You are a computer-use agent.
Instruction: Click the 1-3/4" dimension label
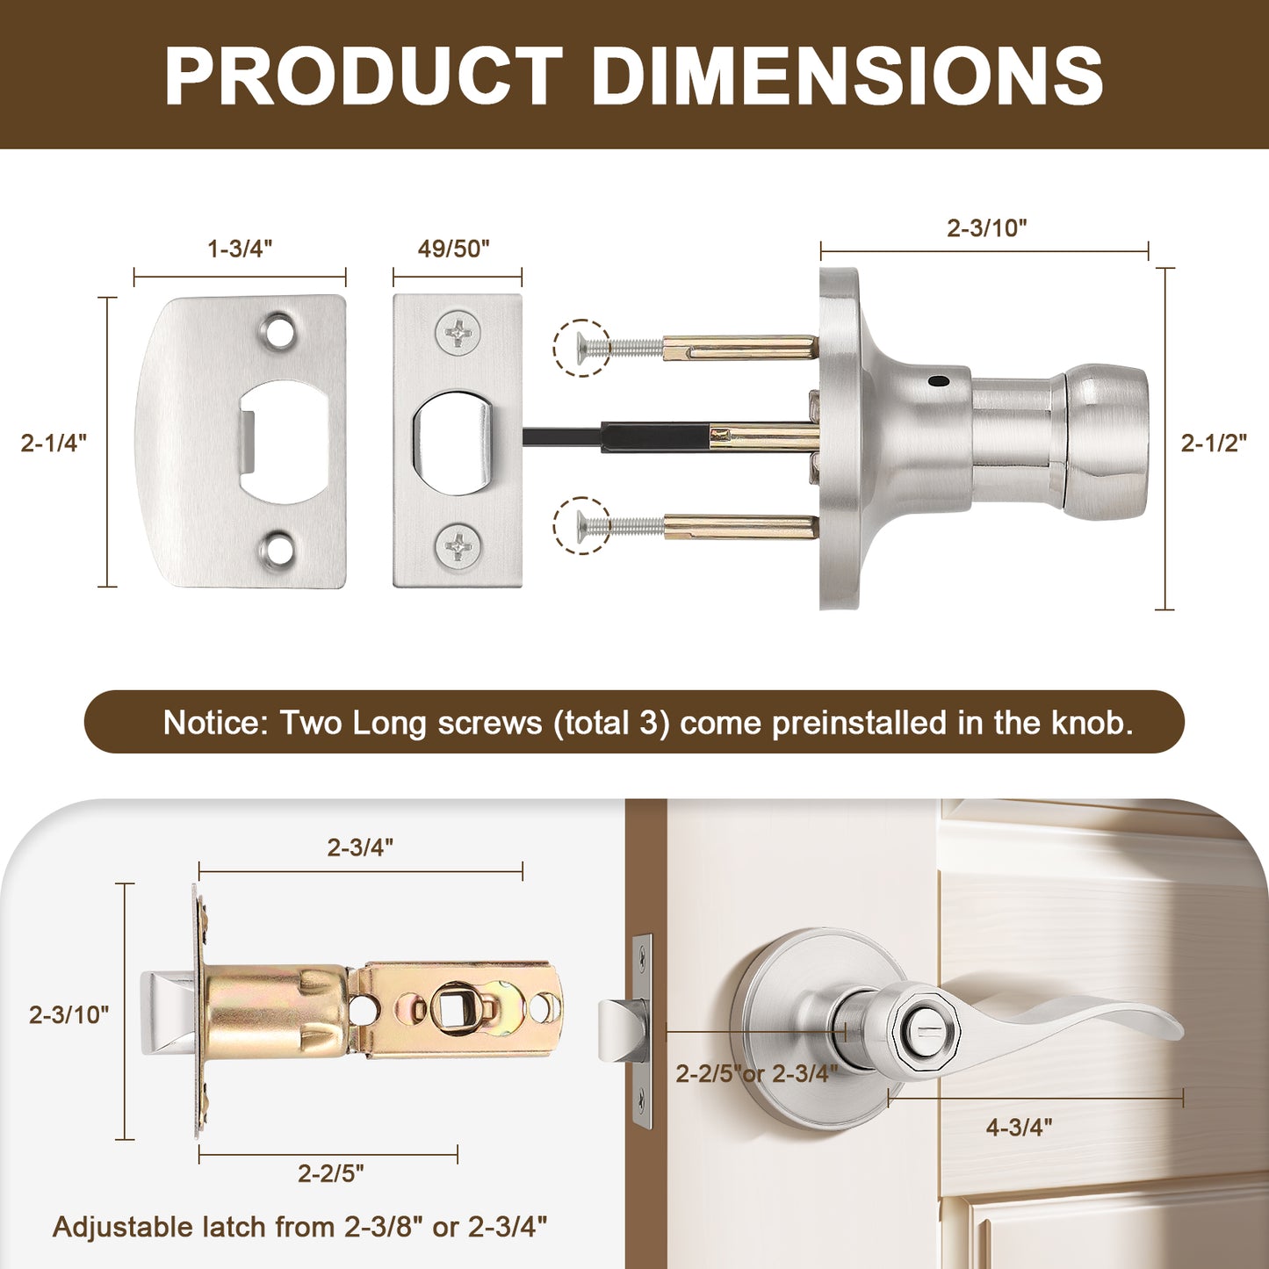point(240,249)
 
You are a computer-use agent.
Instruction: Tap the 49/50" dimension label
point(454,249)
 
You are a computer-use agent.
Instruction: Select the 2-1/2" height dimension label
point(1214,443)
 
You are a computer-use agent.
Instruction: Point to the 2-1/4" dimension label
point(54,443)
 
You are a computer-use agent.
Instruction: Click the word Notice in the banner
point(214,723)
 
